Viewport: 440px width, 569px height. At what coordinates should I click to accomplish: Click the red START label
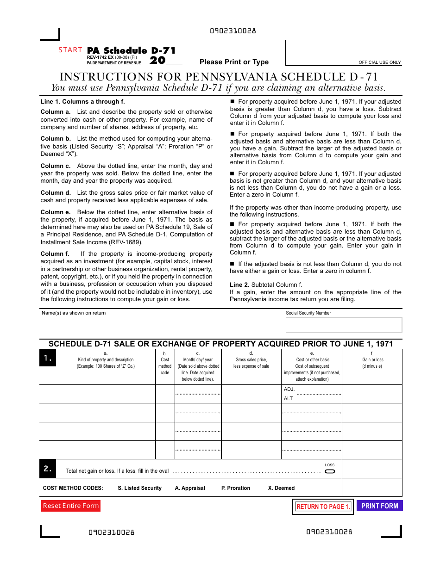pos(70,50)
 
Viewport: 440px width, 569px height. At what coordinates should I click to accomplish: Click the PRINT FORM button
pos(379,506)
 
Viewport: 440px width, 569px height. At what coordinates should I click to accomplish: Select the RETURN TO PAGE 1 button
pos(323,507)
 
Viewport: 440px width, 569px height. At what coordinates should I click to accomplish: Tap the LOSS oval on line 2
pos(330,471)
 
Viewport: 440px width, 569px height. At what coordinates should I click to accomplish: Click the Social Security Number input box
pos(344,325)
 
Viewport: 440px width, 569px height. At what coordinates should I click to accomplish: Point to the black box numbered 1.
pos(48,358)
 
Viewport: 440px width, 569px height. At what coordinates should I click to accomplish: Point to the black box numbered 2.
pos(48,469)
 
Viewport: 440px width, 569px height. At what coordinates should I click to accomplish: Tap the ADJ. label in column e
pos(289,390)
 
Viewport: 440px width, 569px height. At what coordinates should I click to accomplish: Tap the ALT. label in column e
pos(289,398)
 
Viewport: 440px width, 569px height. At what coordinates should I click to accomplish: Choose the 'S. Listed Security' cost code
pos(139,488)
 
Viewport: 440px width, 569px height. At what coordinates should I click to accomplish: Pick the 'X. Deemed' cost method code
pos(281,488)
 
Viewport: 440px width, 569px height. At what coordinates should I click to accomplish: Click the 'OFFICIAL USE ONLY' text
pos(379,62)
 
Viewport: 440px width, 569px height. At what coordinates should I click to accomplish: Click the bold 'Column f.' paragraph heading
pos(55,254)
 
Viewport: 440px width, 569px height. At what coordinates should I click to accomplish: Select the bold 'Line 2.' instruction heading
pos(239,285)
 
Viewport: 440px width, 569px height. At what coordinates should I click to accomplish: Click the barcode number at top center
pos(233,31)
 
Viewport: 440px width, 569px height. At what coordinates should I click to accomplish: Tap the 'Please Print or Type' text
pos(234,62)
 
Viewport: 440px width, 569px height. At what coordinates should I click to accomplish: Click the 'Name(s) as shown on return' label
pos(74,313)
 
